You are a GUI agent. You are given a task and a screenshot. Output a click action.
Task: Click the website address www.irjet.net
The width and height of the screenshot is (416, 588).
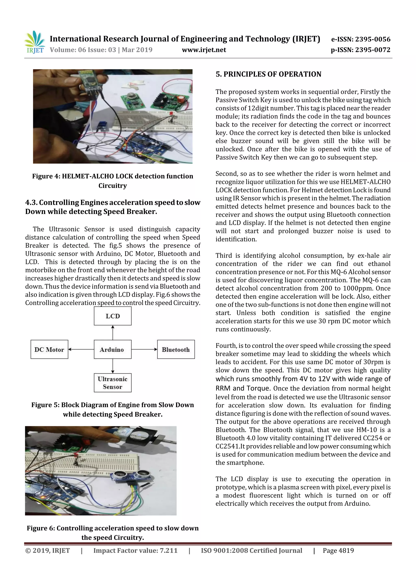204,50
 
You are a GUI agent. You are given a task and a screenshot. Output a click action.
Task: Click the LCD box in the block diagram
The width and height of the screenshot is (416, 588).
113,316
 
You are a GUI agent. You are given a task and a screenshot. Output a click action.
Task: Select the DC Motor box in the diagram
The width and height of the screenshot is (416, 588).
49,350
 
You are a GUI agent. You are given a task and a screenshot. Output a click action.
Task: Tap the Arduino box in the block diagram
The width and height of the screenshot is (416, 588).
113,350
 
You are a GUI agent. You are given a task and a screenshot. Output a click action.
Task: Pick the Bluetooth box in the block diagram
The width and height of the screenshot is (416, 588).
176,350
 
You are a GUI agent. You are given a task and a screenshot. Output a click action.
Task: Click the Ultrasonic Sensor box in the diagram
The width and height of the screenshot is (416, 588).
113,383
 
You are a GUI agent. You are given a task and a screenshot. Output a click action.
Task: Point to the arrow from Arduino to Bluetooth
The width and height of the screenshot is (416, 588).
144,349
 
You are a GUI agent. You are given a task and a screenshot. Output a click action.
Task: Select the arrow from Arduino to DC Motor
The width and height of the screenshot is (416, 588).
81,349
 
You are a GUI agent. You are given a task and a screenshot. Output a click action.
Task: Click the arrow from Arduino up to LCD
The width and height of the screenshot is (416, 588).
113,332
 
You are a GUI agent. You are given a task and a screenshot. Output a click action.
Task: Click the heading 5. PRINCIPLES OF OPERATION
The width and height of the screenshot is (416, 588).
268,74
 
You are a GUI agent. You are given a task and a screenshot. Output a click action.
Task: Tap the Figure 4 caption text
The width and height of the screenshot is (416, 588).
113,181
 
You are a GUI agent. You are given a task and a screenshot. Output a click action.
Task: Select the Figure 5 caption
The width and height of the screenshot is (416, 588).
113,410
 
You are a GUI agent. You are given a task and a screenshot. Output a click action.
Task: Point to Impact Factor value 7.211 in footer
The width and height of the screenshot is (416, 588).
135,551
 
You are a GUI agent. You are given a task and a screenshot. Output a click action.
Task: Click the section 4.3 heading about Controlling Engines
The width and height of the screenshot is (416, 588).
113,207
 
